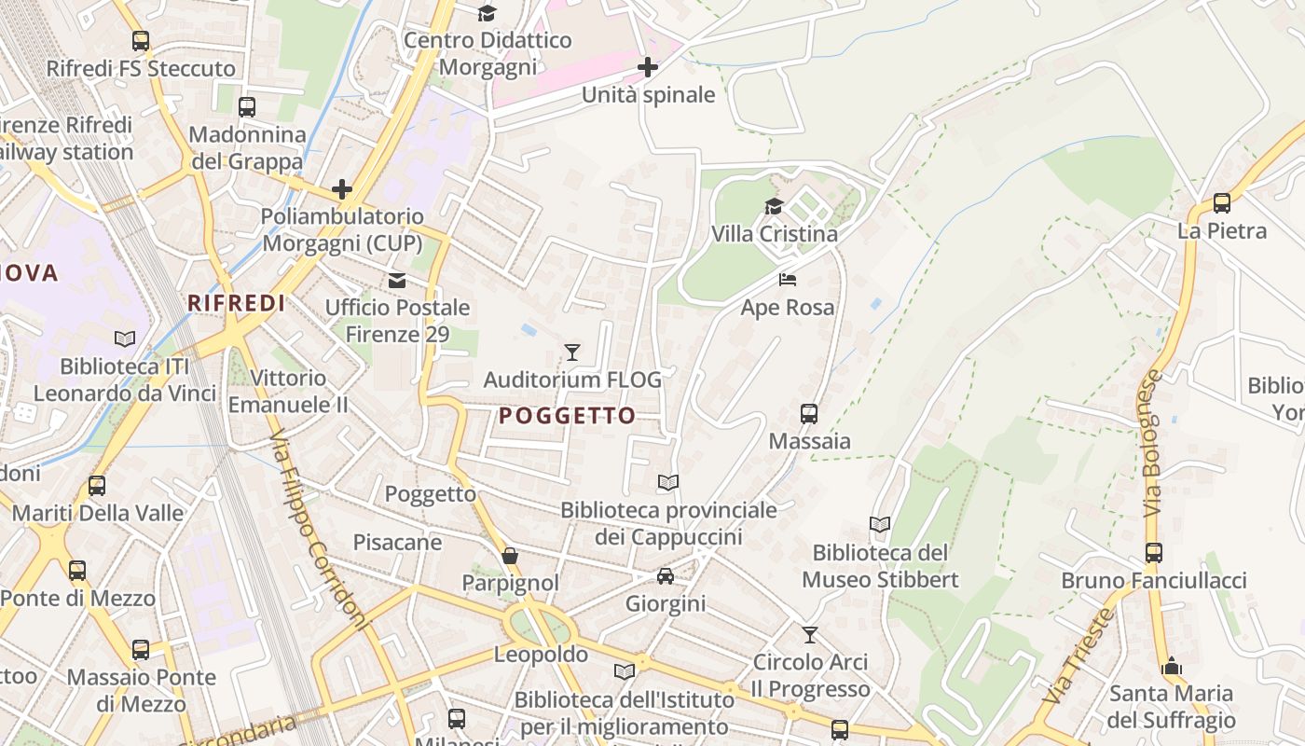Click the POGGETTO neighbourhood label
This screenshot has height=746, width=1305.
(567, 416)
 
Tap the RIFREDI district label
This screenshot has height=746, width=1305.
(237, 303)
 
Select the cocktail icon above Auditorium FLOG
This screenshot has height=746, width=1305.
(572, 352)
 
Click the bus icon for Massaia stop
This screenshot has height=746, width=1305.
(809, 413)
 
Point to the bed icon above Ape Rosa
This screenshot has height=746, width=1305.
(788, 280)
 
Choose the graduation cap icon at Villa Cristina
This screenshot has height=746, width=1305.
(774, 206)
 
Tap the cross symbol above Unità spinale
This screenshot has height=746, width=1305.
(648, 67)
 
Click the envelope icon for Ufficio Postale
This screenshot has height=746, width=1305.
(397, 280)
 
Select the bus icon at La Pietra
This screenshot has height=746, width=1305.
(1221, 202)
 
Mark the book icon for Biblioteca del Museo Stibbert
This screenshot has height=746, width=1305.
(880, 525)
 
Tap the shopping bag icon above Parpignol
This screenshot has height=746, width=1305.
(510, 556)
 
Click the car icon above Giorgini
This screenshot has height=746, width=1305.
(666, 576)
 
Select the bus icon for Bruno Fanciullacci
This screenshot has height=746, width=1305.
(1154, 553)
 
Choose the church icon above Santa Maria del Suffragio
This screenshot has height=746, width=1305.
(1172, 667)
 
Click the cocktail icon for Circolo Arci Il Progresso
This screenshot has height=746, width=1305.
(810, 635)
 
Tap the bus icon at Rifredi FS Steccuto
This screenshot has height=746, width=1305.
(141, 41)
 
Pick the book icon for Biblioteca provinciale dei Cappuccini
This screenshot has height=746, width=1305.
(668, 482)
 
